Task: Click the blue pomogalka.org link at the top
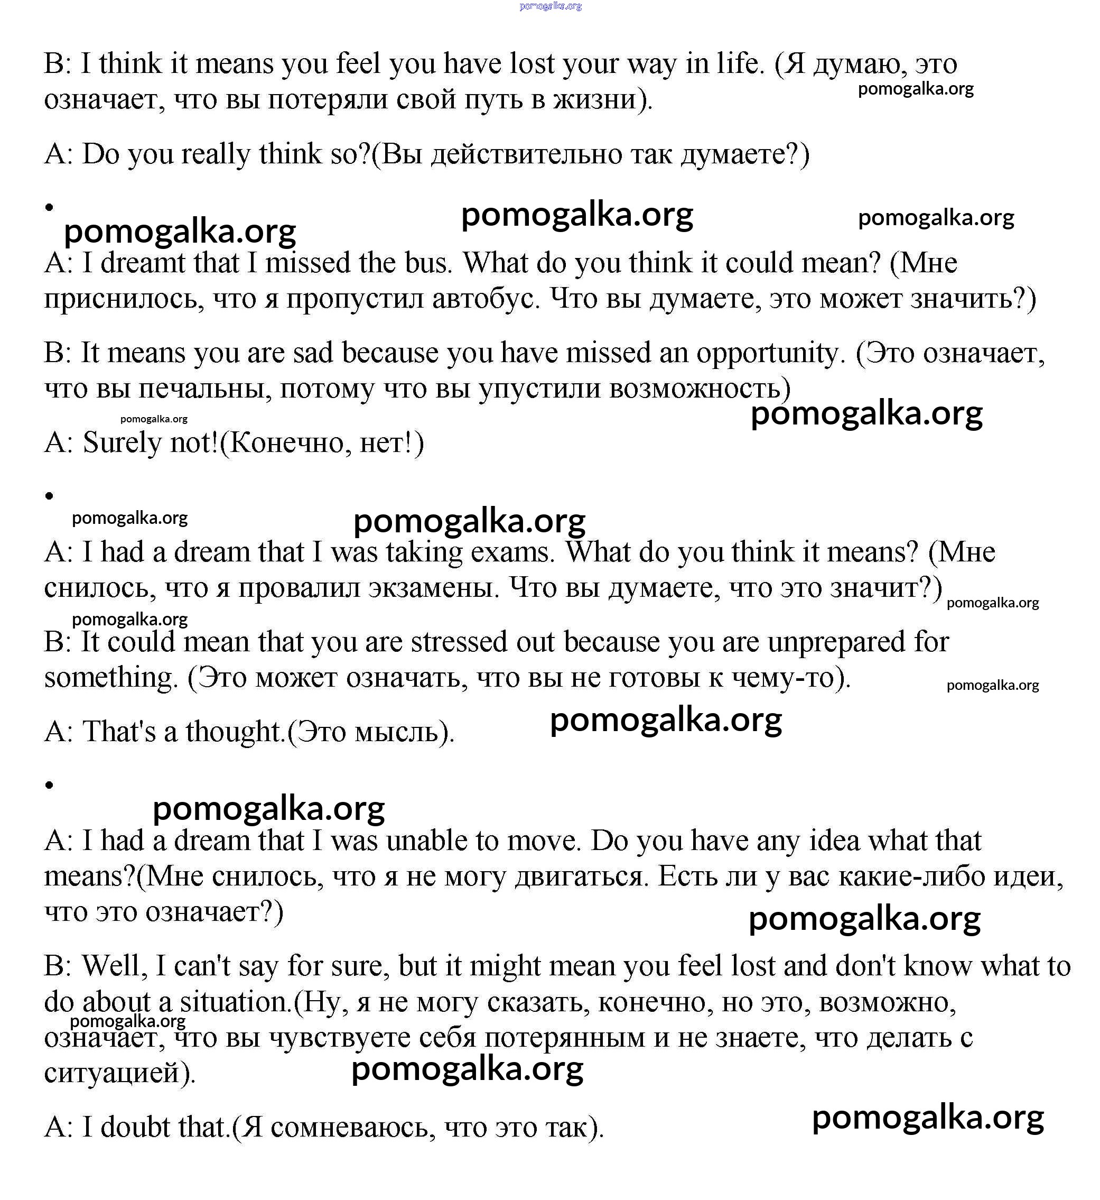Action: pos(550,6)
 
